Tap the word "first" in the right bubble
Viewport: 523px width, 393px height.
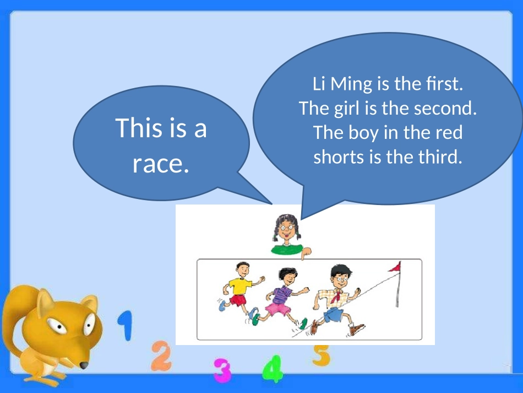click(x=442, y=85)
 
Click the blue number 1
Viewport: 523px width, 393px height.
click(x=127, y=326)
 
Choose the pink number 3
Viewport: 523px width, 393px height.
click(x=222, y=370)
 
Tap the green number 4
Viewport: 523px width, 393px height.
click(x=272, y=369)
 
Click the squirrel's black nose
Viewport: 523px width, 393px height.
click(x=83, y=365)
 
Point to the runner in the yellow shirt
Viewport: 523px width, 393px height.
click(x=239, y=287)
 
